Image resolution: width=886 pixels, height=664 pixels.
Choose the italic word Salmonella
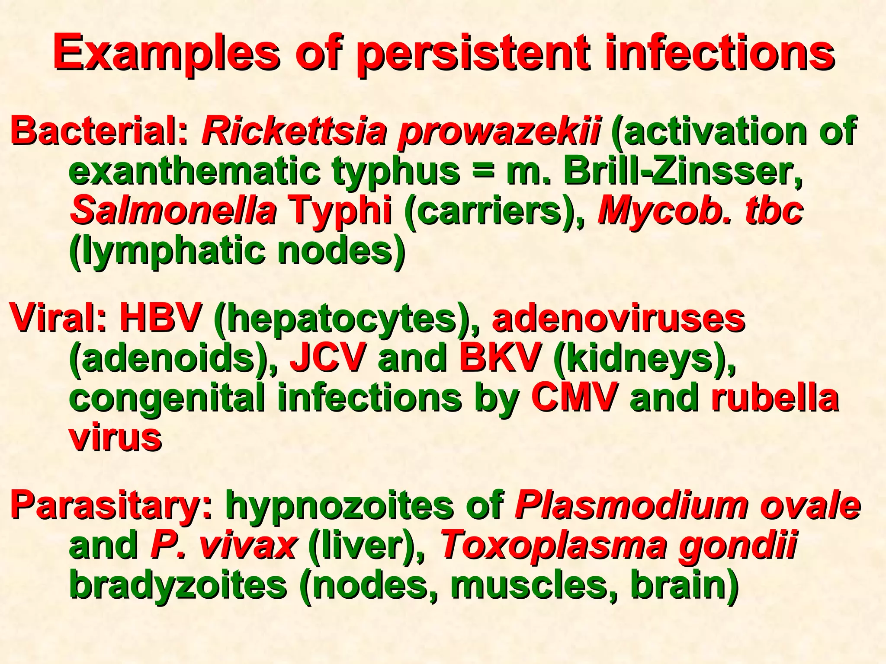point(173,211)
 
